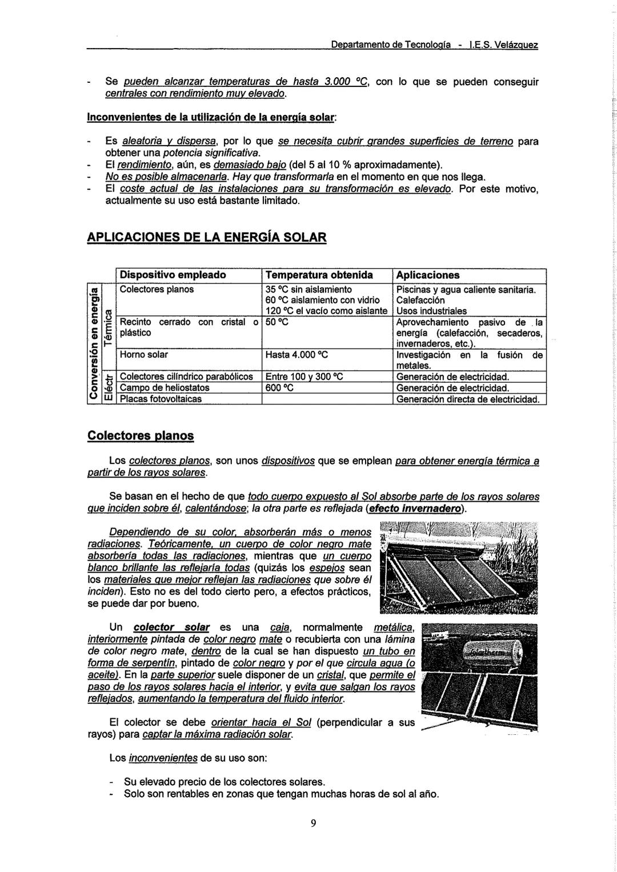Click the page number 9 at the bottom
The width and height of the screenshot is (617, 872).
tap(313, 823)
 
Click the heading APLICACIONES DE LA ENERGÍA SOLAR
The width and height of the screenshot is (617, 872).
tap(206, 237)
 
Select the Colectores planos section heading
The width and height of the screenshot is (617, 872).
tap(141, 436)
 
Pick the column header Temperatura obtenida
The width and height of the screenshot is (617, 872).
tap(319, 275)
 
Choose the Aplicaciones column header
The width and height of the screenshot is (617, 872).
tap(428, 275)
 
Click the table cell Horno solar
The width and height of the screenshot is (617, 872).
tap(143, 355)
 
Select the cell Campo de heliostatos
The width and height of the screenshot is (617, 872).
tap(165, 388)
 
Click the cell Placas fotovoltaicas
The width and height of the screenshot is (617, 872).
tap(161, 399)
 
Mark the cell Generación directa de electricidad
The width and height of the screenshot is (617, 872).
tap(468, 399)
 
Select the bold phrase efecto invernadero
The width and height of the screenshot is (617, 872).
tap(416, 509)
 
